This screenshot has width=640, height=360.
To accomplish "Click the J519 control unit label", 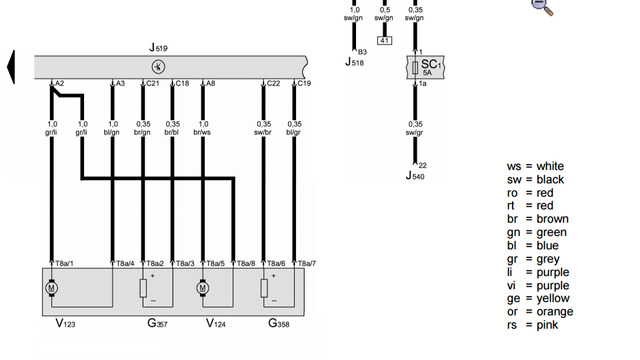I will click(158, 48).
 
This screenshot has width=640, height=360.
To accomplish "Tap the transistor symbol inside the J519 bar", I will click(159, 67).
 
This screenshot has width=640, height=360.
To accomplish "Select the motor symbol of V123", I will click(51, 288).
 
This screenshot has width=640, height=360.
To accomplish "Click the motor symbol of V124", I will click(203, 288).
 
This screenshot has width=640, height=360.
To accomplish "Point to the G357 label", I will click(157, 324).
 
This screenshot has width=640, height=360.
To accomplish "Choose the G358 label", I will click(279, 324).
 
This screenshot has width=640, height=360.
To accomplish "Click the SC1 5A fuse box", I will click(425, 67).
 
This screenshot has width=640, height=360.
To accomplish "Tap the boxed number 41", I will click(385, 41).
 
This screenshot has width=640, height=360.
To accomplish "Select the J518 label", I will click(354, 62).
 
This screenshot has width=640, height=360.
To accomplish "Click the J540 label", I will click(415, 176).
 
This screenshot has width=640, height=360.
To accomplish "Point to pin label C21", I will click(153, 83).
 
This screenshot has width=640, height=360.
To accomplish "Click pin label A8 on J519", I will click(210, 83).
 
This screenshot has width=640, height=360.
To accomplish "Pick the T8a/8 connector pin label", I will click(245, 263).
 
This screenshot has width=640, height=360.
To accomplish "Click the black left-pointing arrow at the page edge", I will click(11, 67).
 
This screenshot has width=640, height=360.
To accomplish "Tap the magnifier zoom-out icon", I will click(542, 6).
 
